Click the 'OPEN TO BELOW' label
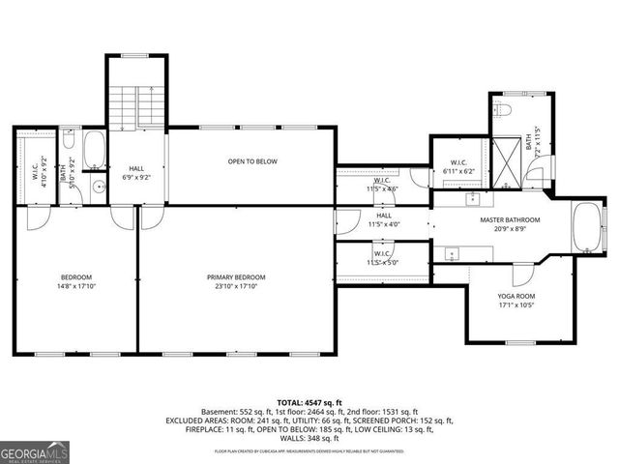[x=252, y=161]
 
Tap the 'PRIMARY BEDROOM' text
[x=236, y=277]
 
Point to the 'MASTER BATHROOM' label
[x=510, y=219]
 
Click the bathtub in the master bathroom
[x=586, y=227]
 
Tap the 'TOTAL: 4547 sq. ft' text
[x=309, y=401]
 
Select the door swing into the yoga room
[x=522, y=274]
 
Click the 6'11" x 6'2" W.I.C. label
[x=460, y=166]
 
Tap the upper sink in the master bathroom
[x=472, y=199]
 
